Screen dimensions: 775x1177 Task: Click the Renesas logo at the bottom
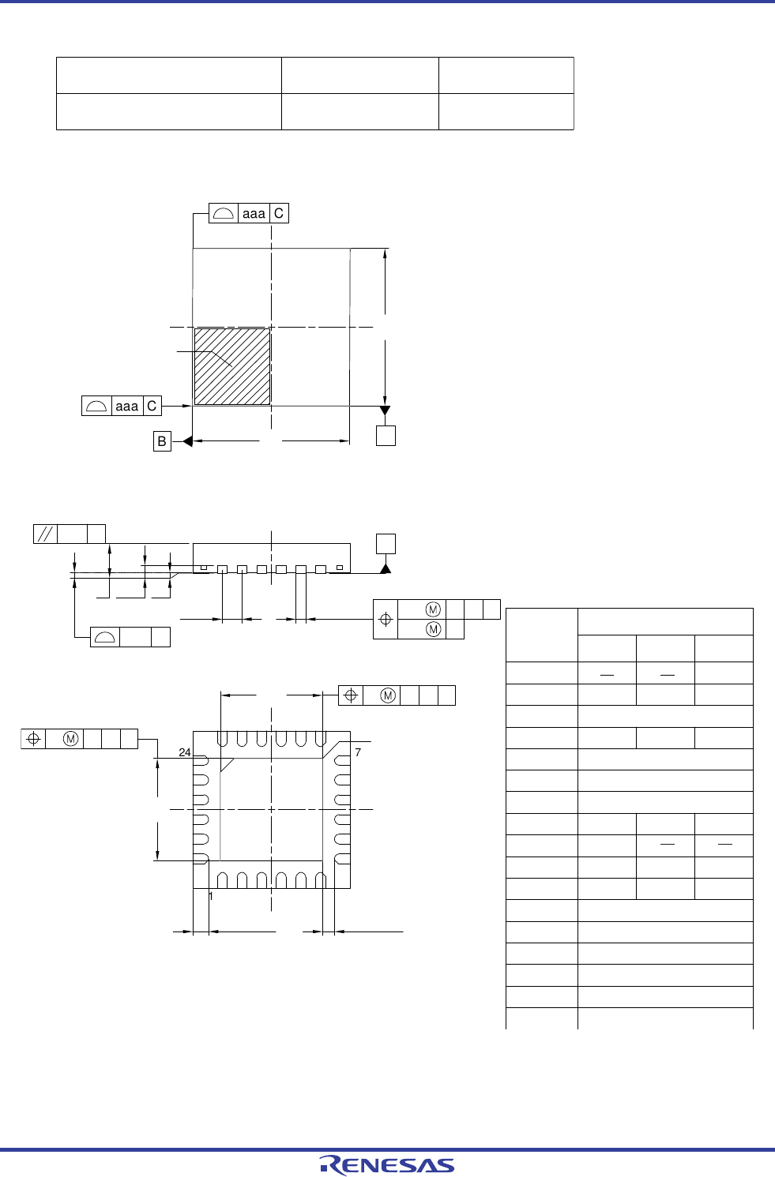pos(387,1165)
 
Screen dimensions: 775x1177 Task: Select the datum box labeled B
pos(162,441)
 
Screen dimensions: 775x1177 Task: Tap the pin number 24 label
pos(185,752)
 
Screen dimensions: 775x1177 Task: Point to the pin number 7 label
pos(358,752)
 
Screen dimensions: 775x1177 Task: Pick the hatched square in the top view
pos(232,367)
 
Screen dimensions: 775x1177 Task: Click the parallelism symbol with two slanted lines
pos(45,534)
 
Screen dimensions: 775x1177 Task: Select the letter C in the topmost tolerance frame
pos(279,213)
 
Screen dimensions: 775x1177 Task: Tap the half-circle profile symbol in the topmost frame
pos(224,213)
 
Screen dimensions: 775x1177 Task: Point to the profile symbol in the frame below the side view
pos(104,637)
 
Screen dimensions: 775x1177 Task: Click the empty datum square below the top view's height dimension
pos(386,436)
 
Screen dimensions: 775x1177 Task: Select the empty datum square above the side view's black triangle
pos(386,544)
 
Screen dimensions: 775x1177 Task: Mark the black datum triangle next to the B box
pos(188,441)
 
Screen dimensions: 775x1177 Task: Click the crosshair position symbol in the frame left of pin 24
pos(33,739)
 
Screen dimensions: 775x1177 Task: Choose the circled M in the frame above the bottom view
pos(388,695)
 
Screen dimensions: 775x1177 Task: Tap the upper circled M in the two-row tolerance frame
pos(433,609)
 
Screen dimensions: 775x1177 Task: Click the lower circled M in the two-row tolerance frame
pos(433,629)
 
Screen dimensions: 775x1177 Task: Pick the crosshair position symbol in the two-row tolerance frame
pos(386,620)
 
